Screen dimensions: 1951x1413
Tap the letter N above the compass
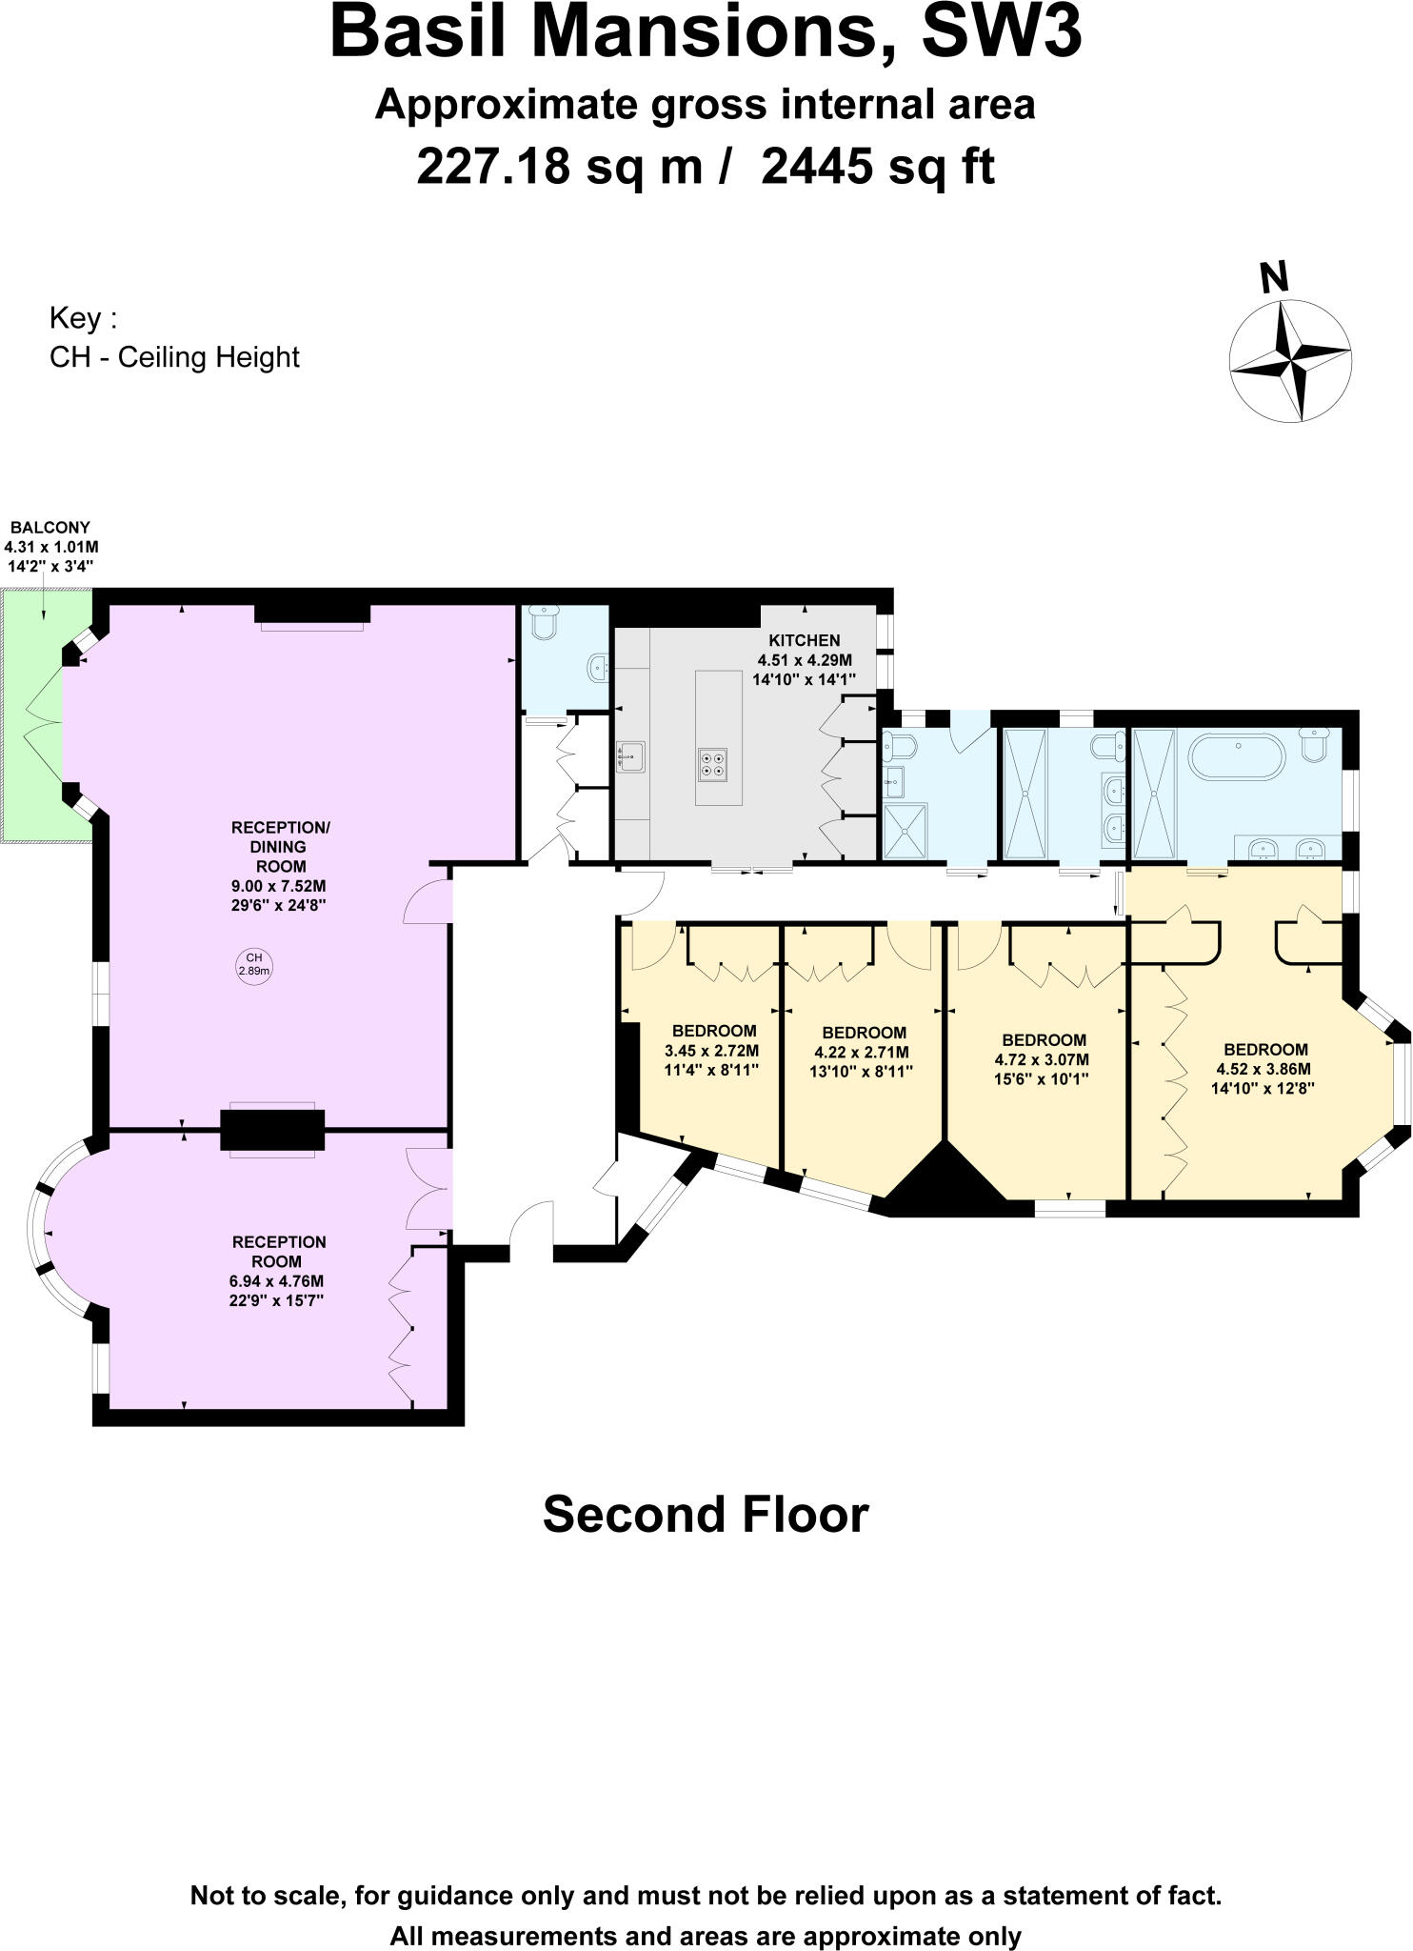tap(1274, 277)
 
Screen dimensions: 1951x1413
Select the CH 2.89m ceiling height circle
tap(253, 964)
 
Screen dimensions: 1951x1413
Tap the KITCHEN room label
tap(805, 640)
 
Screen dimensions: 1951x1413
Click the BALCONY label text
tap(50, 527)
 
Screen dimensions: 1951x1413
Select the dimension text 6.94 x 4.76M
tap(278, 1281)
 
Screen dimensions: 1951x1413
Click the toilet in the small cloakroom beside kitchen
tap(546, 623)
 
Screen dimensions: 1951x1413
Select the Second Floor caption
tap(705, 1515)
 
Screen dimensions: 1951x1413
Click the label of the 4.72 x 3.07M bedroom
tap(1044, 1039)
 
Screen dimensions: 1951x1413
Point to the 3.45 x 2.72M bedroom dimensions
tap(712, 1051)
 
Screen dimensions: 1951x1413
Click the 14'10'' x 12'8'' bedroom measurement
tap(1262, 1088)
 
